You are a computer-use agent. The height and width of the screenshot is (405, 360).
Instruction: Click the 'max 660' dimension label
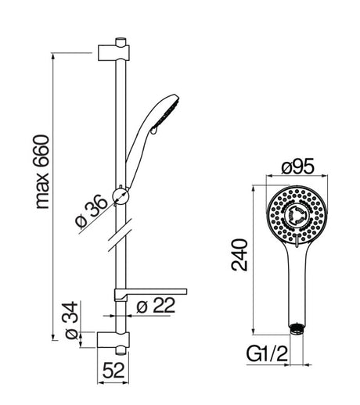41,172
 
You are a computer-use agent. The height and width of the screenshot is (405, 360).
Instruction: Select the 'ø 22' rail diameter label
156,305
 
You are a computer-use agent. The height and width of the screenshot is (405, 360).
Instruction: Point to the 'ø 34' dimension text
71,320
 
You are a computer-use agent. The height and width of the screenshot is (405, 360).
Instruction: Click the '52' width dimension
113,370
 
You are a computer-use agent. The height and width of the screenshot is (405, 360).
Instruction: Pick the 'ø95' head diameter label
297,167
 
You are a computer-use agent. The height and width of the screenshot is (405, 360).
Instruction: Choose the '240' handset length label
239,255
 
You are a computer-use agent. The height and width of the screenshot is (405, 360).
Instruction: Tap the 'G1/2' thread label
267,353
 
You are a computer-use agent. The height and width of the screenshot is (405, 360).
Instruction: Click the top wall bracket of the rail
113,53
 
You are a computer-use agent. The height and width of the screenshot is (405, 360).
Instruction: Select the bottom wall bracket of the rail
113,340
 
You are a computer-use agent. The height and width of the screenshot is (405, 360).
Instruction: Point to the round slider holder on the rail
121,196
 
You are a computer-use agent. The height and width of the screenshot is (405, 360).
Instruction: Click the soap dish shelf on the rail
150,294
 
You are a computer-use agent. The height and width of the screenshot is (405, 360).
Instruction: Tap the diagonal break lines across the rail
120,235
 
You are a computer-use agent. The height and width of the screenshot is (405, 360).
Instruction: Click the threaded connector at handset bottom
297,328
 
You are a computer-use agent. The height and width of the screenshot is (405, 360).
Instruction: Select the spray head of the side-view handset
166,112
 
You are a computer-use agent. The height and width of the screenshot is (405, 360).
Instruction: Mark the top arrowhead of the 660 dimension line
53,56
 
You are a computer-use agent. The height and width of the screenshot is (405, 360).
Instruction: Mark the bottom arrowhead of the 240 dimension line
253,332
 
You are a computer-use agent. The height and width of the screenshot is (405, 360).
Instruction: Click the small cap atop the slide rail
121,42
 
